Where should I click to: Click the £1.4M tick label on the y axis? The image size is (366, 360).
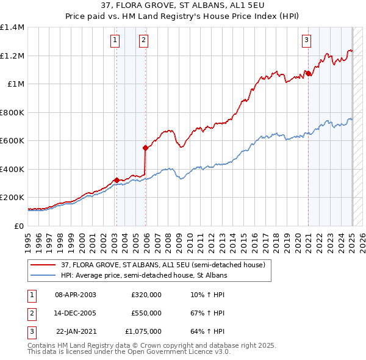(x=12, y=27)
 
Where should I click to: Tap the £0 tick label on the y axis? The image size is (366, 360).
(x=20, y=226)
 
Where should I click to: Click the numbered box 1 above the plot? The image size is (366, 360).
(x=115, y=41)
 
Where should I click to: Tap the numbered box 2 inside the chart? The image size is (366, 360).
(x=143, y=41)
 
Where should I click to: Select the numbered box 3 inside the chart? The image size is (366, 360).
(x=306, y=41)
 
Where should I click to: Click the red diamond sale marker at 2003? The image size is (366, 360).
(x=117, y=180)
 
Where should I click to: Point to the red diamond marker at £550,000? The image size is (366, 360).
(x=145, y=148)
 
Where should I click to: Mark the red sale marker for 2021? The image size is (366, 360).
(x=309, y=73)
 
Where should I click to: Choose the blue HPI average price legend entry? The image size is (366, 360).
(x=144, y=276)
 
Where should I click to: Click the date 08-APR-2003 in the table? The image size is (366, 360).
(x=75, y=295)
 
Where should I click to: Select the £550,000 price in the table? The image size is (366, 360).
(x=146, y=313)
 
